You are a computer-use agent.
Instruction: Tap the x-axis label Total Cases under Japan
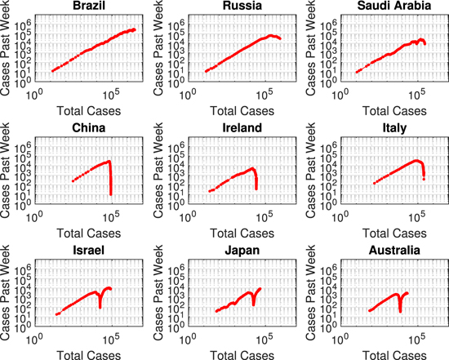pyautogui.click(x=236, y=352)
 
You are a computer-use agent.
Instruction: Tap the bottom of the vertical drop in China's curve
pyautogui.click(x=110, y=194)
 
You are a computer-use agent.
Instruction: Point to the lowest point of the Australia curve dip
pyautogui.click(x=400, y=311)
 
